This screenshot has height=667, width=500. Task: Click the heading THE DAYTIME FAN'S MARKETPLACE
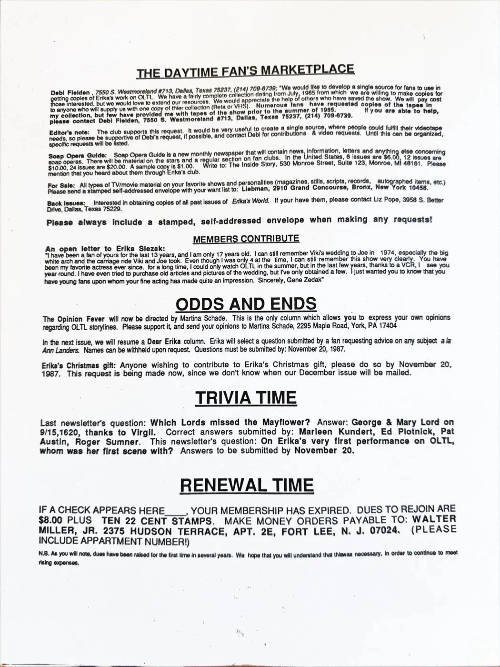coord(245,71)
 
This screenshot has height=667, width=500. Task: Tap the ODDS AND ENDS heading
coord(246,303)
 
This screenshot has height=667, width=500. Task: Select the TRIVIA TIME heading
coord(246,397)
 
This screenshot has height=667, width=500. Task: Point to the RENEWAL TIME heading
coord(247,485)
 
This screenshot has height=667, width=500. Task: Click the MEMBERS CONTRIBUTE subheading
coord(246,239)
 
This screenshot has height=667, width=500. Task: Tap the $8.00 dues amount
coord(51,520)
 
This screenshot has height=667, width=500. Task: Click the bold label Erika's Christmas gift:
coord(77,365)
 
